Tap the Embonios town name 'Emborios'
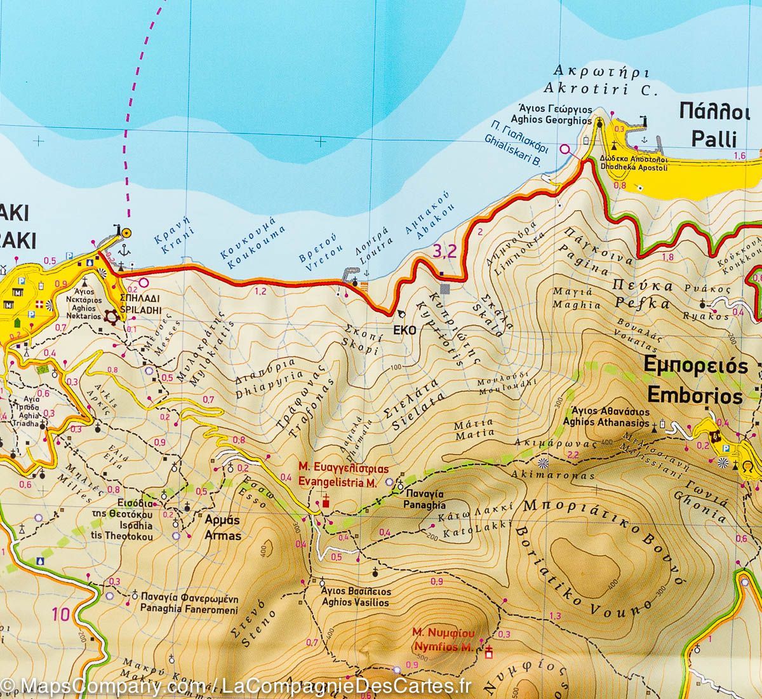pos(692,397)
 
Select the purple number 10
pos(61,614)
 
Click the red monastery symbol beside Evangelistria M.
pos(326,502)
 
